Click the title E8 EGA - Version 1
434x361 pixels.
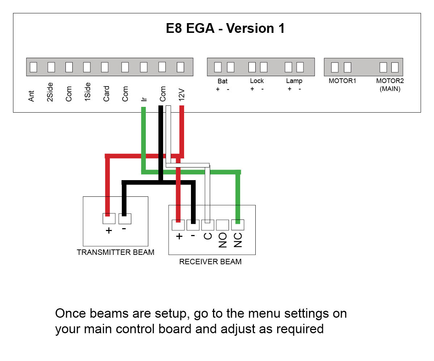(225, 29)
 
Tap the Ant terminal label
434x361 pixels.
(32, 96)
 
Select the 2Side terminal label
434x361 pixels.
(50, 92)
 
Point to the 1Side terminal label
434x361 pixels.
(87, 92)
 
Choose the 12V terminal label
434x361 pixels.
(182, 94)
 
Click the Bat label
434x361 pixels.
(222, 81)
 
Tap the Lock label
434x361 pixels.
(257, 81)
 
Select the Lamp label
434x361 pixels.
(294, 81)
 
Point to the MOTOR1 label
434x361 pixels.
(342, 81)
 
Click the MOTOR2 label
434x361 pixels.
(390, 81)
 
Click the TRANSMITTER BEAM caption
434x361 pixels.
(115, 252)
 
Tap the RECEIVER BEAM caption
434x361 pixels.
(210, 262)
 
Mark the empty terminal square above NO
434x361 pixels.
(222, 225)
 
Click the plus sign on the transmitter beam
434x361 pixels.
(109, 230)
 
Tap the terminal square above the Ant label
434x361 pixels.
(33, 67)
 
